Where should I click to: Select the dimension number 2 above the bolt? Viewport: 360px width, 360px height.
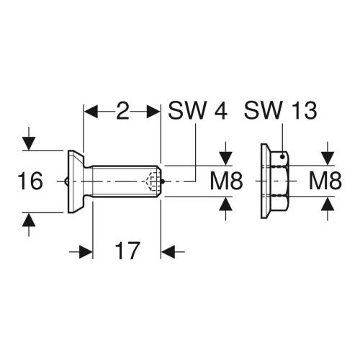click(x=122, y=112)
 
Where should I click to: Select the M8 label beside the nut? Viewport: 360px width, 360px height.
click(x=325, y=181)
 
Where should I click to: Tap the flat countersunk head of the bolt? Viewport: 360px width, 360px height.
click(x=75, y=181)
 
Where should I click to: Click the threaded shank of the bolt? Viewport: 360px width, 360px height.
click(x=119, y=181)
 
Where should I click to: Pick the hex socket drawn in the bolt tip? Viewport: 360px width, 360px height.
click(x=151, y=181)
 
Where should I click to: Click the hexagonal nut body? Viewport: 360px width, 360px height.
click(x=281, y=181)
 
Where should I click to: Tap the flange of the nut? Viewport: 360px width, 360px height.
click(x=264, y=181)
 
